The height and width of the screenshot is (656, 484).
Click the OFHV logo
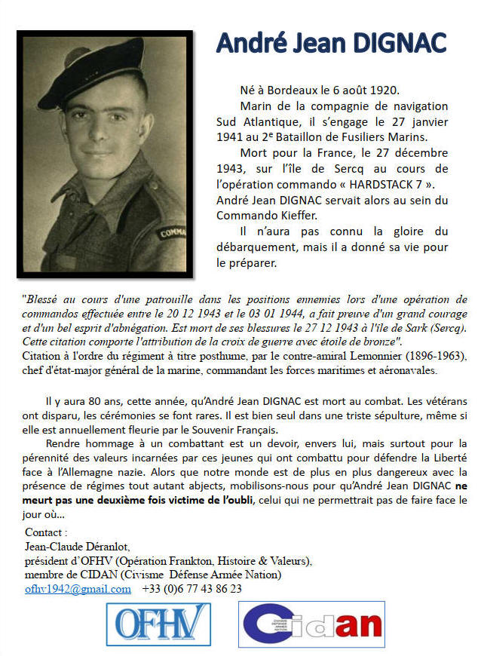161,624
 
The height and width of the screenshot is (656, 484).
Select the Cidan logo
311,625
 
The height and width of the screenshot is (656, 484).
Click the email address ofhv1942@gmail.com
78,589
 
